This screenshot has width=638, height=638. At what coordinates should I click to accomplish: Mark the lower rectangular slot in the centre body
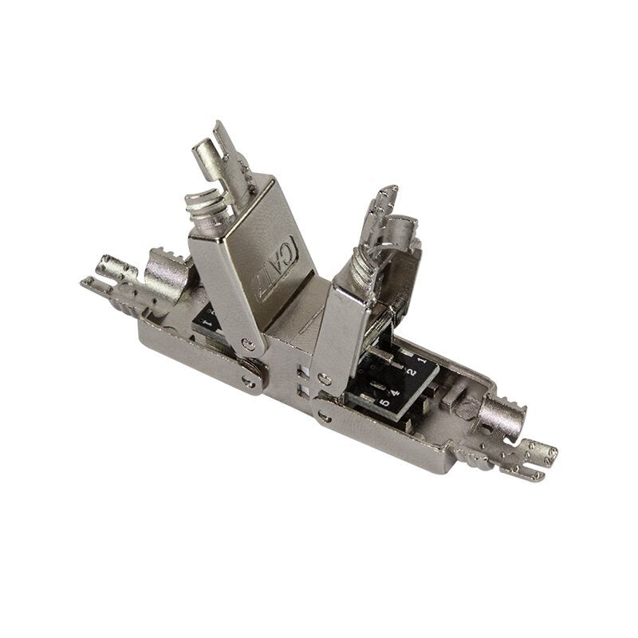[x=299, y=388]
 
